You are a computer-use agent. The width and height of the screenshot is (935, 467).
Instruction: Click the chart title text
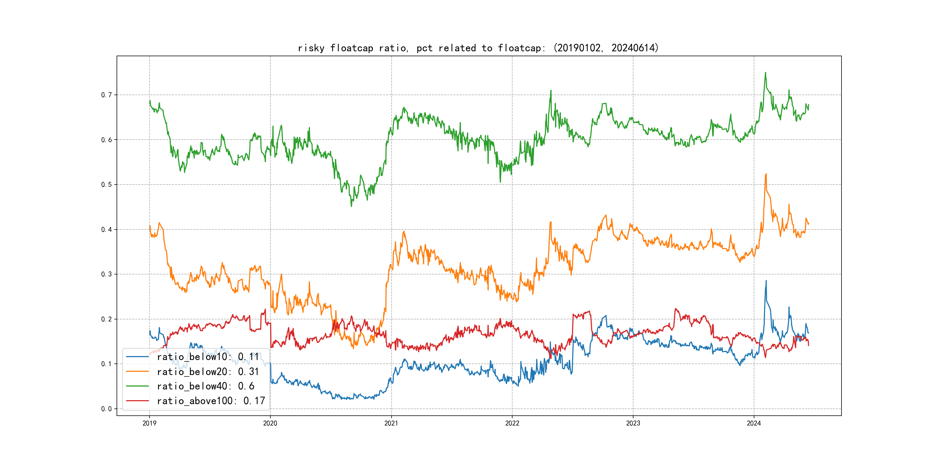coord(478,48)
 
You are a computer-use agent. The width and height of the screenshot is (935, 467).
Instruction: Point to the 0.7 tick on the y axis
coord(107,95)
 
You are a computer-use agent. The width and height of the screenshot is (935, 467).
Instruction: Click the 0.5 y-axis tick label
coord(107,184)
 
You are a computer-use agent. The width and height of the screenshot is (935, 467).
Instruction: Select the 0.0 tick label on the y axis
coord(107,409)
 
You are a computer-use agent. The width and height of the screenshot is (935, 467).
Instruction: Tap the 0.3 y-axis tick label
coord(107,274)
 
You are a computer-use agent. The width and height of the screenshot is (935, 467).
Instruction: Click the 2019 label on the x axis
coord(149,423)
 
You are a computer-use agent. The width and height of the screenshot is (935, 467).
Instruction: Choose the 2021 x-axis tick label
coord(391,423)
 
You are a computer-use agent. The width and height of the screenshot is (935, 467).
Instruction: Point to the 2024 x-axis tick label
coord(754,423)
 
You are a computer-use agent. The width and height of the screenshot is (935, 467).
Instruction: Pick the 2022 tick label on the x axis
coord(512,423)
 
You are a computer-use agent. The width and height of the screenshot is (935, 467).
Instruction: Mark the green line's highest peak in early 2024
coord(766,73)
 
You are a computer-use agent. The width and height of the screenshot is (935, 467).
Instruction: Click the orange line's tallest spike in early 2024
coord(766,174)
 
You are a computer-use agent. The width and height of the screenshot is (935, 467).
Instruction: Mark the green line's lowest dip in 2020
coord(351,206)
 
